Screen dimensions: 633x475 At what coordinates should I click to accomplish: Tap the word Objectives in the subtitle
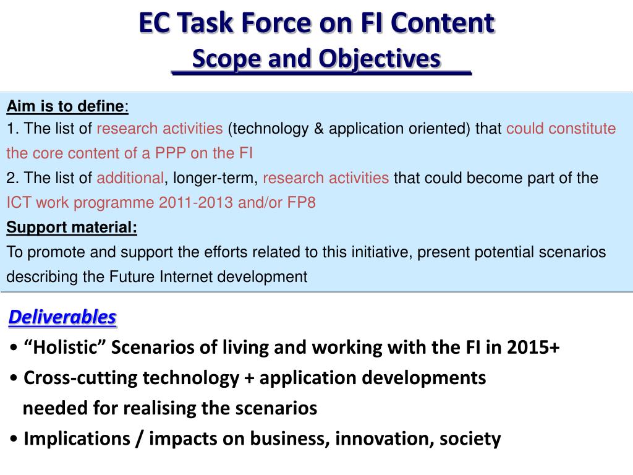[x=380, y=59]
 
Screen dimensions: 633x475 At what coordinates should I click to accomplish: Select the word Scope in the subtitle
[x=227, y=59]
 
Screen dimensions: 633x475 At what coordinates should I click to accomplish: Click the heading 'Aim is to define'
[x=66, y=106]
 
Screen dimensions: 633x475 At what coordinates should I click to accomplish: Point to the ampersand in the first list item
[x=318, y=129]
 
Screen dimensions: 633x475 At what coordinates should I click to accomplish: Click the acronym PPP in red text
[x=171, y=153]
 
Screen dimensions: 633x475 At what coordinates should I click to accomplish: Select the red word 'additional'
[x=130, y=178]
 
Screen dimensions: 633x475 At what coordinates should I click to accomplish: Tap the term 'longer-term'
[x=215, y=178]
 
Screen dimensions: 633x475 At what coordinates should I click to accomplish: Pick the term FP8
[x=301, y=202]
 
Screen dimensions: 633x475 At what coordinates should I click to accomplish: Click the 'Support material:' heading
[x=72, y=228]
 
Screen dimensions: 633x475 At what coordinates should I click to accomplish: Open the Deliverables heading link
[x=62, y=317]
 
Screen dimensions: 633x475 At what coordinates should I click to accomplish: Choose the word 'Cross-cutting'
[x=81, y=378]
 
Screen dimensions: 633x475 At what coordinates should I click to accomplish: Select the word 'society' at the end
[x=470, y=439]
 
